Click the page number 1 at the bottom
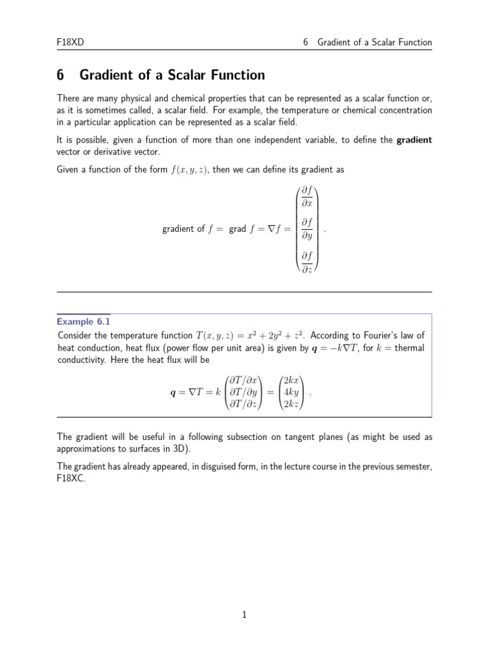(244, 614)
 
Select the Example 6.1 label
(83, 321)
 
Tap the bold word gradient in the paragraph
(414, 139)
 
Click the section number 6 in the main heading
(60, 75)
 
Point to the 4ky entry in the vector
(291, 392)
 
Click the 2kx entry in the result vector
(291, 381)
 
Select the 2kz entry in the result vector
(291, 404)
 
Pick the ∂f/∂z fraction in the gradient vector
(307, 261)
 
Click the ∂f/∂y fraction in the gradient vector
(307, 228)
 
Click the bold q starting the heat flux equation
(173, 393)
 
